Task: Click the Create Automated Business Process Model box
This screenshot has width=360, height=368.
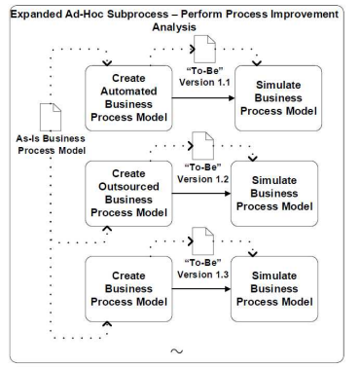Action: point(128,98)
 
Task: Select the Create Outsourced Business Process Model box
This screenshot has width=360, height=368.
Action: point(128,194)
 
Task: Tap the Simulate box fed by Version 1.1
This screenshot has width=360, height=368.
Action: point(278,98)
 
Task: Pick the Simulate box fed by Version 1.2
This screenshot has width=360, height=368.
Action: point(274,194)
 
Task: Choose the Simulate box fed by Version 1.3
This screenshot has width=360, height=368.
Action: point(274,289)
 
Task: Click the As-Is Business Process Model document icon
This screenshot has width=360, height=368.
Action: point(51,117)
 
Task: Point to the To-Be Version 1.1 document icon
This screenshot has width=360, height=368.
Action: point(204,49)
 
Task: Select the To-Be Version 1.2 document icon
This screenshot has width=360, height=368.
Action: point(203,145)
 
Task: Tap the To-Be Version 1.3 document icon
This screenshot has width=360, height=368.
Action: point(203,241)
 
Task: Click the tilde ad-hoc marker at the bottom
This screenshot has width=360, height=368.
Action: point(177,350)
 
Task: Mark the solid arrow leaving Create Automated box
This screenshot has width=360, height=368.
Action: point(203,97)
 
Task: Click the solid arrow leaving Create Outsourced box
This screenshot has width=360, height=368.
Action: point(201,194)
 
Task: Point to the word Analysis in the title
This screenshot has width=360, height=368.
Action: point(174,27)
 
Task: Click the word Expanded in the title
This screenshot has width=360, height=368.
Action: point(35,15)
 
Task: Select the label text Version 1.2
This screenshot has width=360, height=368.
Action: point(203,179)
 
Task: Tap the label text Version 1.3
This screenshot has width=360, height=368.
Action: point(203,275)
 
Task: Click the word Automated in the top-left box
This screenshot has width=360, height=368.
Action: point(128,92)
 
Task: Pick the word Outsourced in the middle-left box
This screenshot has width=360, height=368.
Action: point(128,187)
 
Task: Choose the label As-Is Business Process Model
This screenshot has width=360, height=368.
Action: point(52,145)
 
